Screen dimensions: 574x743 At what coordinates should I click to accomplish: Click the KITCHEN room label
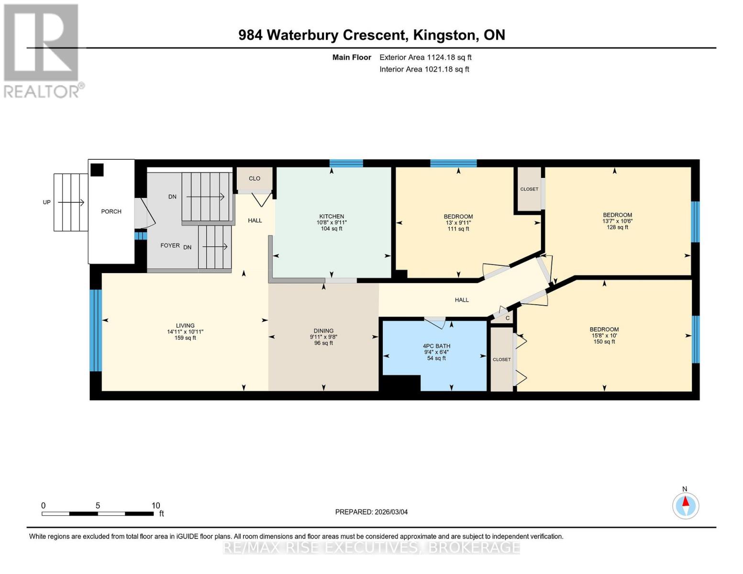[x=332, y=217]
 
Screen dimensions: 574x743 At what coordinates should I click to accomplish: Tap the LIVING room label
[x=185, y=326]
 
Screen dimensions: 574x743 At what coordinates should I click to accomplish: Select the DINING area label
[x=323, y=331]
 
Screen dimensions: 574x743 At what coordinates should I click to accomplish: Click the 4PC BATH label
[x=436, y=346]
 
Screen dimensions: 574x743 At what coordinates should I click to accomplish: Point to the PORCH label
[x=111, y=211]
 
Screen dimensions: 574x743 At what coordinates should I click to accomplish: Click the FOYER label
[x=170, y=245]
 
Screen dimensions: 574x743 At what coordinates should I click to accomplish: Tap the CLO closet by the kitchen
[x=255, y=178]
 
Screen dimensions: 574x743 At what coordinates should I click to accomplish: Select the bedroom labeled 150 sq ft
[x=604, y=335]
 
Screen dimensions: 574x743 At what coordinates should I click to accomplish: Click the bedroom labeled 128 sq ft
[x=617, y=221]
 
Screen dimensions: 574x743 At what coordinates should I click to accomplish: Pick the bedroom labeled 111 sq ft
[x=458, y=222]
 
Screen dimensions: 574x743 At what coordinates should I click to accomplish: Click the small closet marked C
[x=507, y=318]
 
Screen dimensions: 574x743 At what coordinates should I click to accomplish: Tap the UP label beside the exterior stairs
[x=46, y=202]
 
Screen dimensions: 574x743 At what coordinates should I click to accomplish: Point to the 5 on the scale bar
[x=98, y=506]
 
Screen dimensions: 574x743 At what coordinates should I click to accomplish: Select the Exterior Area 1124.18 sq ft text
[x=425, y=57]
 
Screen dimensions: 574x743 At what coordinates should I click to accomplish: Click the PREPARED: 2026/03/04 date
[x=371, y=512]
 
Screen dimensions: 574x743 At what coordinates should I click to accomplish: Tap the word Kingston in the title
[x=444, y=35]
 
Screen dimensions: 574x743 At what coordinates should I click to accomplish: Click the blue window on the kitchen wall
[x=346, y=163]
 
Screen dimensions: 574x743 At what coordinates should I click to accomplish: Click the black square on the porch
[x=97, y=170]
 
